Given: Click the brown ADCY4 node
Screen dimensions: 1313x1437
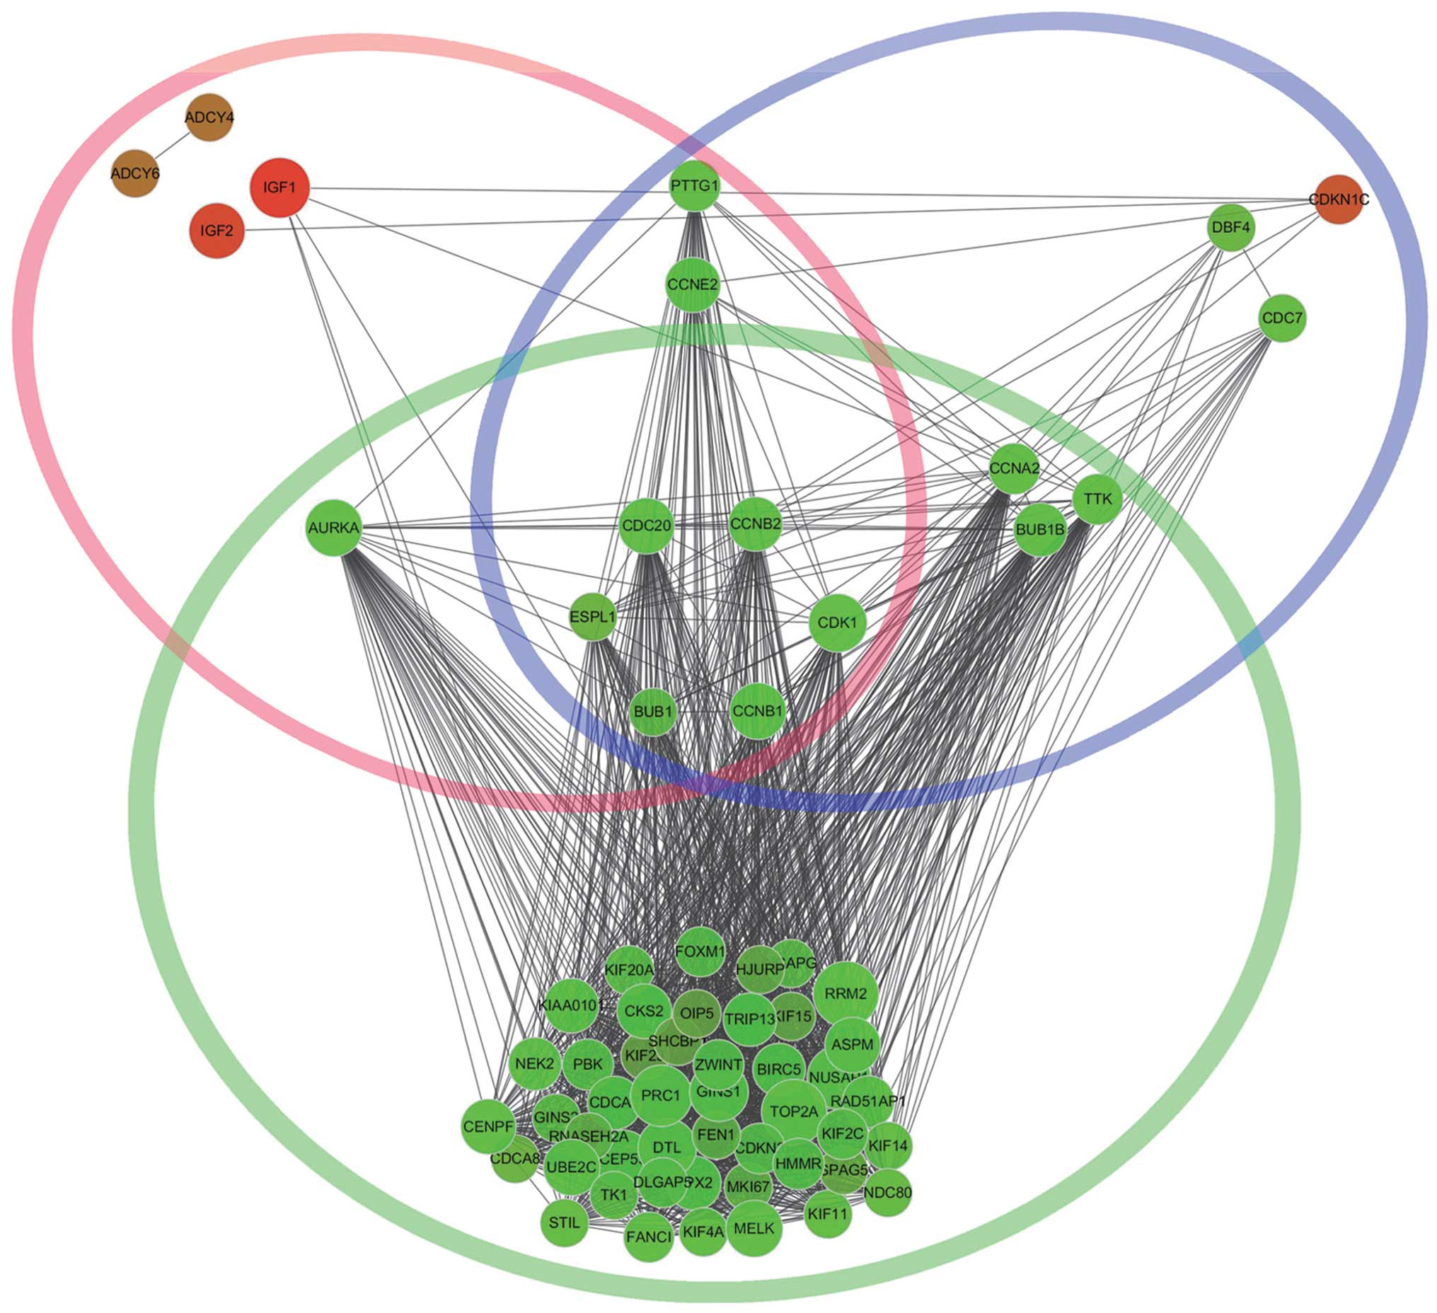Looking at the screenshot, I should [x=209, y=117].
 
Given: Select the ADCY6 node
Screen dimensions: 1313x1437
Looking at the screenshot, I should [x=134, y=173].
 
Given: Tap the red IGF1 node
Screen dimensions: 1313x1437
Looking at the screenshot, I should [x=279, y=187].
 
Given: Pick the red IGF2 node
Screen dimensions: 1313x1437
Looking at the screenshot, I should [x=217, y=231].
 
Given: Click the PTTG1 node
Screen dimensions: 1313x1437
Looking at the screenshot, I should [x=694, y=186].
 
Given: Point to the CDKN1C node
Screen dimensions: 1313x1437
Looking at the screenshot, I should [x=1339, y=199].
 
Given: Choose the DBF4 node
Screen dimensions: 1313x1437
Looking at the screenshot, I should [x=1231, y=228].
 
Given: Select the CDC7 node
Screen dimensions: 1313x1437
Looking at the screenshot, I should [x=1281, y=318].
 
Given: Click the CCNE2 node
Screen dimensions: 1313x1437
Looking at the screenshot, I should [x=693, y=285].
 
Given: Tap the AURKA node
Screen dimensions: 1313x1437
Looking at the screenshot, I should [x=333, y=528].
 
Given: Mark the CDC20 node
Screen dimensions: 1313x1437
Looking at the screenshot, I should [x=646, y=526].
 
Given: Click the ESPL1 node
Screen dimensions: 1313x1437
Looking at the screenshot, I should [x=592, y=617].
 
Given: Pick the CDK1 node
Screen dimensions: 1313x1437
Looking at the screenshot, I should [x=837, y=623].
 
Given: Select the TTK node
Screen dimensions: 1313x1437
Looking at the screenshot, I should [x=1097, y=499].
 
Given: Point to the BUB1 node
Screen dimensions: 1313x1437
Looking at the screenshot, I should [x=653, y=712].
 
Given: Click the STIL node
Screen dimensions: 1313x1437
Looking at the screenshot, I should [x=565, y=1223].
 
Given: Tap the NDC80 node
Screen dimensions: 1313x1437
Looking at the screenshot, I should [x=887, y=1193].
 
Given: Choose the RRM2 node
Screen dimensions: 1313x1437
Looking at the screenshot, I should [x=846, y=994].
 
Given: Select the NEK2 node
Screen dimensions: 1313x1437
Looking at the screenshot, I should [x=535, y=1064].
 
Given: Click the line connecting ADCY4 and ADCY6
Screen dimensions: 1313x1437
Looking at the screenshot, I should [x=171, y=146].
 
